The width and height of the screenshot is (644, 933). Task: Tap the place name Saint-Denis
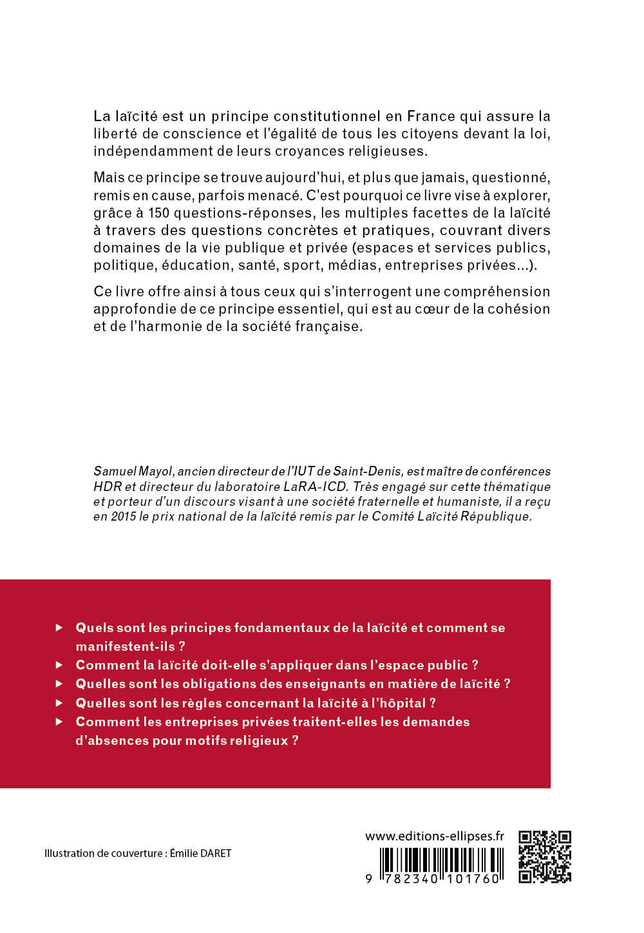point(368,472)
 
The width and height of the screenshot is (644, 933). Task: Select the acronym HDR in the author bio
point(108,486)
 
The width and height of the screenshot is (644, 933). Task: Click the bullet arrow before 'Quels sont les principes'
point(59,627)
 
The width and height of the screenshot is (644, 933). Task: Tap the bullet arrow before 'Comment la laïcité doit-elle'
point(59,664)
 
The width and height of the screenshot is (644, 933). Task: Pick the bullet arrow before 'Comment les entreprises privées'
point(59,722)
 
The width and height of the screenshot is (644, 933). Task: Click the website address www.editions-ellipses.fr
point(434,836)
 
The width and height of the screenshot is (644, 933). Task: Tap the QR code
point(545,856)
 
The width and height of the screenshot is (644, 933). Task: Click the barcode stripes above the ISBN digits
point(440,860)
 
